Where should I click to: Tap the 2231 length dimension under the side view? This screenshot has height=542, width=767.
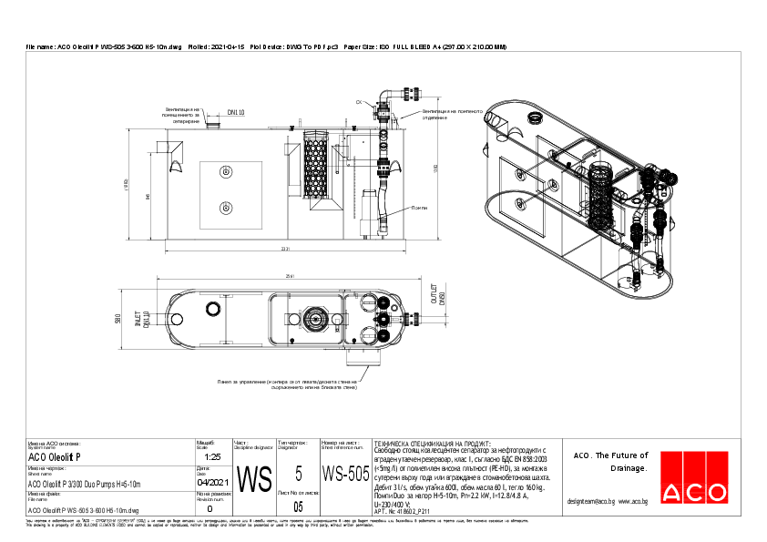point(285,249)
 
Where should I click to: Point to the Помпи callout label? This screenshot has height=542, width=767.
point(418,208)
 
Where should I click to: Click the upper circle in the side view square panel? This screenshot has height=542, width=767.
point(225,170)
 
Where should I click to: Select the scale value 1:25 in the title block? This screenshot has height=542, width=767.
point(213,456)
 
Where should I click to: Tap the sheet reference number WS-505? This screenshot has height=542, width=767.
point(346,474)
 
